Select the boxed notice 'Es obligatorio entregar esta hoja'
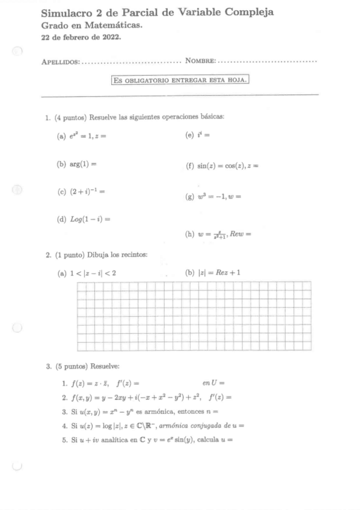(180, 79)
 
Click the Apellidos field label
(60, 61)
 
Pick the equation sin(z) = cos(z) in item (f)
(222, 164)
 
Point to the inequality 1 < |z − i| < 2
(93, 272)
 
